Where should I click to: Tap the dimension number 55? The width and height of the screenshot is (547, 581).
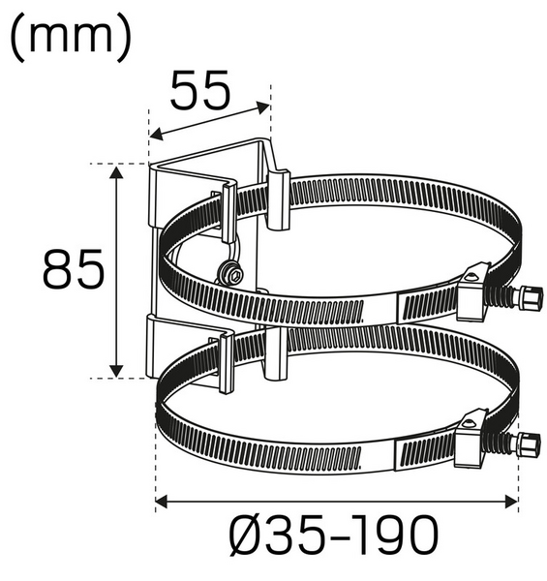point(200,91)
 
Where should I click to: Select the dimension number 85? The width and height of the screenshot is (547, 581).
point(73,268)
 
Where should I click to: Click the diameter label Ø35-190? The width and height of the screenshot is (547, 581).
point(333,535)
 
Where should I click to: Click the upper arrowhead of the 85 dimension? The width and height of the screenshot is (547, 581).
point(116,173)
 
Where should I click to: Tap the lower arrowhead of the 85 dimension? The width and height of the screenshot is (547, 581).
point(116,371)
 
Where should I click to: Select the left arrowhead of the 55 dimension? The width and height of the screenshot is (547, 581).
point(156,135)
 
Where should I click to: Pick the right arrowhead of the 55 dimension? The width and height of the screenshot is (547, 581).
point(263,107)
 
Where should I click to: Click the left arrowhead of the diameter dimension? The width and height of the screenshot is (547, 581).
point(162,503)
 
